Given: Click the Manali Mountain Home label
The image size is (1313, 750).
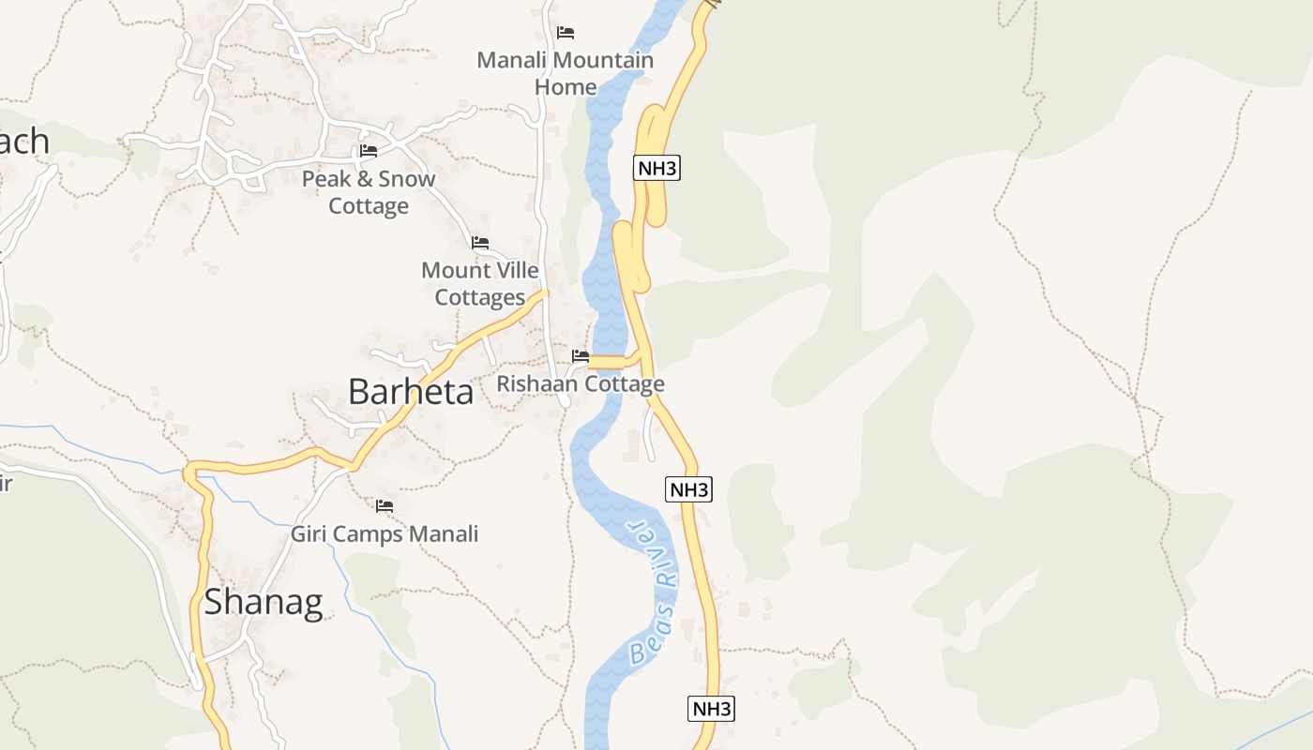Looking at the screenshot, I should pyautogui.click(x=565, y=73).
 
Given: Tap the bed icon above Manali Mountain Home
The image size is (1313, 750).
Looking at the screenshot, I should pyautogui.click(x=566, y=33).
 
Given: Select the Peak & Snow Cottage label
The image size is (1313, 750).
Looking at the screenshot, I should pyautogui.click(x=369, y=192).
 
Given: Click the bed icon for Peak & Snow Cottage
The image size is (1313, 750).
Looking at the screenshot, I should pyautogui.click(x=369, y=151).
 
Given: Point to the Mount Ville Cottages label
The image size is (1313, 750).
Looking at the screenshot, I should pyautogui.click(x=480, y=284).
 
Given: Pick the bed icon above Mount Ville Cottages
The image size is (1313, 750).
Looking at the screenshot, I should pyautogui.click(x=480, y=243).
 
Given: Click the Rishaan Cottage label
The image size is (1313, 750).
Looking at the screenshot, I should pyautogui.click(x=580, y=383).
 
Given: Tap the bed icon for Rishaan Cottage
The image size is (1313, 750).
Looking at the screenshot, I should pyautogui.click(x=581, y=356).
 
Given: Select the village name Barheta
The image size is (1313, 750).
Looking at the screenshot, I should pyautogui.click(x=411, y=392).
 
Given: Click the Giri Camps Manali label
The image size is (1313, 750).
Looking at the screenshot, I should pyautogui.click(x=385, y=534).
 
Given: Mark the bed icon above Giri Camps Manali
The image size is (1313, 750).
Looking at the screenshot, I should pyautogui.click(x=385, y=506).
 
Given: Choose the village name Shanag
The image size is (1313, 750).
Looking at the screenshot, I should pyautogui.click(x=264, y=602).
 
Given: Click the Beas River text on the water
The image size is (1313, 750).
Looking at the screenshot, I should pyautogui.click(x=653, y=591).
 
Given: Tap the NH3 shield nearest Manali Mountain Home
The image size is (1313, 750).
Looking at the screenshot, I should pyautogui.click(x=656, y=169).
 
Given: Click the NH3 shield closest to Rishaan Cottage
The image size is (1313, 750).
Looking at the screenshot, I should pyautogui.click(x=688, y=489).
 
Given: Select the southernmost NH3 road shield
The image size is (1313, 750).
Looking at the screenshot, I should pyautogui.click(x=711, y=709).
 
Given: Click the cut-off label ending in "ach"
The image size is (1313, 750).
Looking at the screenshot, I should pyautogui.click(x=23, y=142).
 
